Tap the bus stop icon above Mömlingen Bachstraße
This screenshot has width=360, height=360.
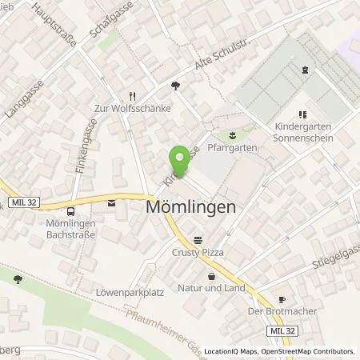(x=71, y=212)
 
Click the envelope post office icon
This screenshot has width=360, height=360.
(x=110, y=202)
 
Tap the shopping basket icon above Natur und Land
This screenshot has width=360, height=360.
(x=211, y=276)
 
